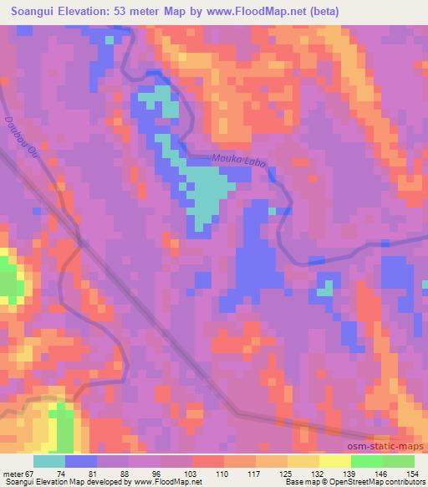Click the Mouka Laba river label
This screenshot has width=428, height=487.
(238, 161)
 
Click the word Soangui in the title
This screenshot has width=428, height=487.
(33, 11)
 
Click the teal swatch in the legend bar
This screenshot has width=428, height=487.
(49, 461)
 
